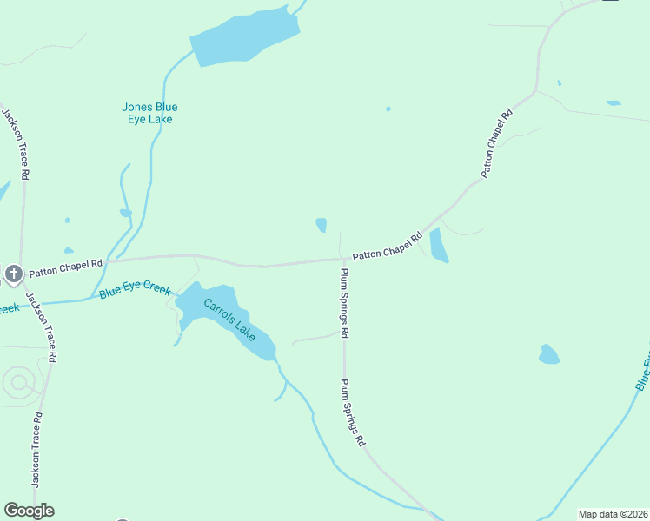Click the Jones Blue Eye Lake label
tap(149, 113)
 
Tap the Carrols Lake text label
tap(230, 319)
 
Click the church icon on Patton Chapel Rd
tap(13, 274)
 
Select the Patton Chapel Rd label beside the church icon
tap(65, 268)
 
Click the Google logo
tap(29, 511)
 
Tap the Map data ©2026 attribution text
tap(613, 514)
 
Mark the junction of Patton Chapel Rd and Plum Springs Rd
tap(344, 259)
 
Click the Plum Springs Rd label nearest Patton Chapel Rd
tap(345, 302)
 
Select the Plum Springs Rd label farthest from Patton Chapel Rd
tap(353, 412)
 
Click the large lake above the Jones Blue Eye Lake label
tap(244, 38)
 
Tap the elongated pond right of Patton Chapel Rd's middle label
tap(438, 245)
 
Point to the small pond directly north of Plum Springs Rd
tap(322, 225)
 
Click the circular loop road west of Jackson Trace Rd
tap(17, 382)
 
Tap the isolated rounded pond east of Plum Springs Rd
tap(548, 354)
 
